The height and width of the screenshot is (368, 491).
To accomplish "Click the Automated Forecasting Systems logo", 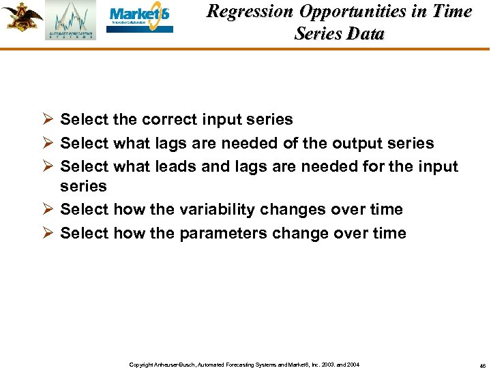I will [71, 20].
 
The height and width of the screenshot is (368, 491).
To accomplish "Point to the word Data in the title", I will [366, 33].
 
